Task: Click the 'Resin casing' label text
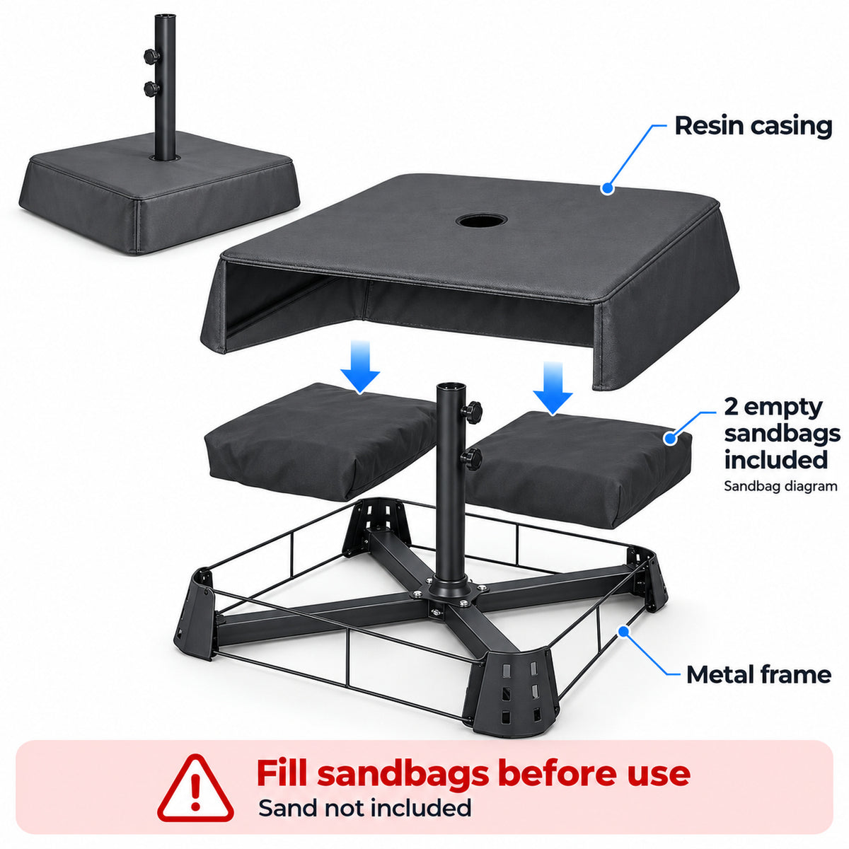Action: (x=753, y=126)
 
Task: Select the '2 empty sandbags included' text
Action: (x=782, y=434)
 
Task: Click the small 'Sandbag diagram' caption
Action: (x=780, y=486)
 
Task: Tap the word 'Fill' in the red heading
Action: (x=282, y=773)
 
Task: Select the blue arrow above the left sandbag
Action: (x=360, y=366)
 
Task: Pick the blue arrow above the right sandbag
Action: (x=553, y=388)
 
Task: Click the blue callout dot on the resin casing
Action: (x=608, y=188)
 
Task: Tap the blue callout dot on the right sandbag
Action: (x=670, y=438)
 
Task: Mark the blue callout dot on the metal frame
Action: (x=623, y=631)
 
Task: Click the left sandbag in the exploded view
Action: (x=320, y=441)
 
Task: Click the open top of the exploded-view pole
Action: (x=451, y=386)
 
